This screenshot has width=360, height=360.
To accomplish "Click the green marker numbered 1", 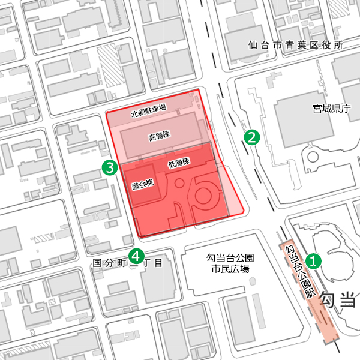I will click(x=313, y=261).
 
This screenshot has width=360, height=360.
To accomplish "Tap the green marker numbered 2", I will click(x=252, y=137).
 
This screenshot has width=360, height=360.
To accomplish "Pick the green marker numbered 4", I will click(x=137, y=256).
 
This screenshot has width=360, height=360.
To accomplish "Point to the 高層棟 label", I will click(x=159, y=137).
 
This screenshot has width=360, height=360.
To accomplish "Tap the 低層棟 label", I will click(x=178, y=163).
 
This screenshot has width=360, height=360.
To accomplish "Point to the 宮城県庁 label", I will click(x=331, y=109).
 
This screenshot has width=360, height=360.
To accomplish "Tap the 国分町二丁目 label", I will click(x=128, y=263).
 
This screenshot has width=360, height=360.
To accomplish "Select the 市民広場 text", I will click(x=230, y=269).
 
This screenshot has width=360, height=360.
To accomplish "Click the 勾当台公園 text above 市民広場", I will click(x=230, y=258).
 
